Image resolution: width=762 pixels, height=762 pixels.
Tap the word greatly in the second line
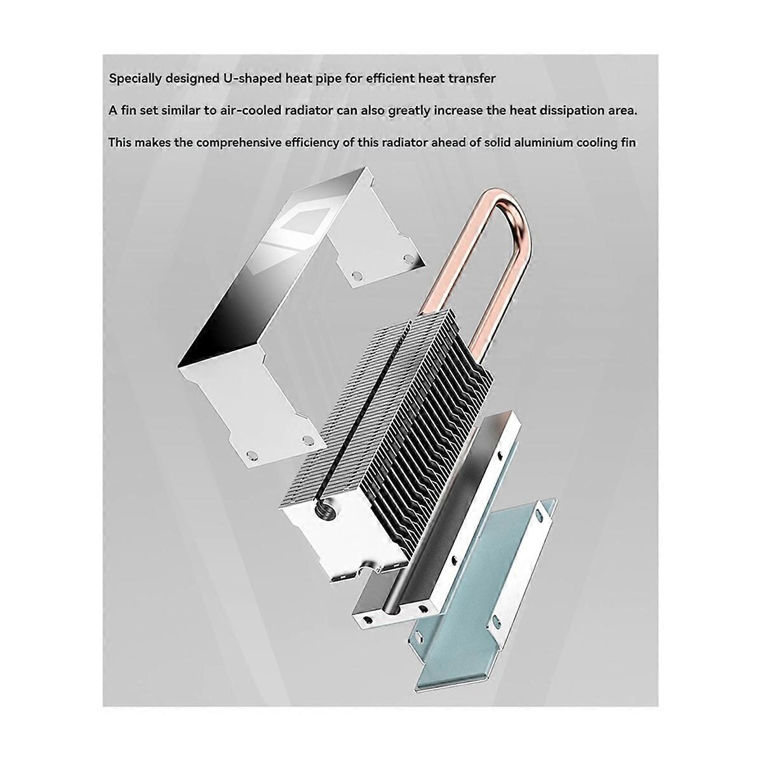coord(409,111)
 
